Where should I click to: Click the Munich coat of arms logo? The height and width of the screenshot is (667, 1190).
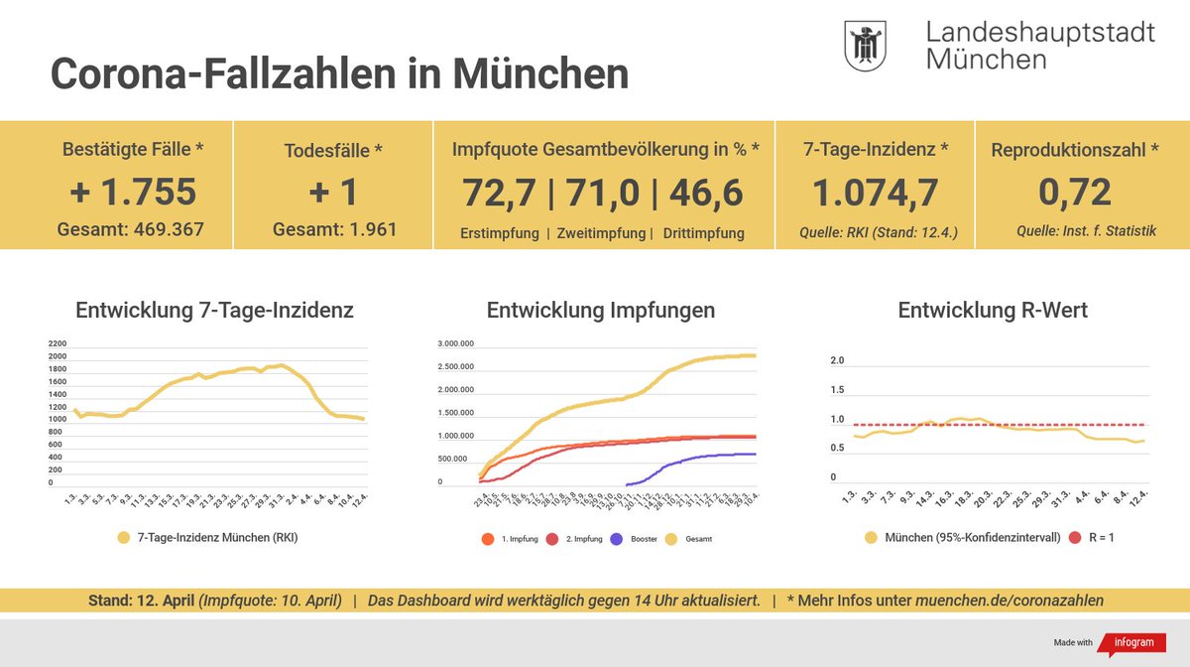(x=865, y=47)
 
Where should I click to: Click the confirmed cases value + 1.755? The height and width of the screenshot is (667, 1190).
(x=133, y=192)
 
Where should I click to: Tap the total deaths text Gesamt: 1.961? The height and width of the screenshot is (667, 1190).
(x=334, y=229)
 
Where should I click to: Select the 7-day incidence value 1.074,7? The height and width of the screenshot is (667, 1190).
(x=875, y=192)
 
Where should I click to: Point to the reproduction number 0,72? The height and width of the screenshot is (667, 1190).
(x=1074, y=192)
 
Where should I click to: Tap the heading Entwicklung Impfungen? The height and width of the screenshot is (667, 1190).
(x=600, y=310)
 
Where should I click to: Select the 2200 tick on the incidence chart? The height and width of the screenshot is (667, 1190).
(x=57, y=343)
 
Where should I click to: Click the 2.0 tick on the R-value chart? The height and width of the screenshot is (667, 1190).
(x=837, y=360)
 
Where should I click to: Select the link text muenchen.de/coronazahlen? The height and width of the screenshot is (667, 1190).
(x=1009, y=600)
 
